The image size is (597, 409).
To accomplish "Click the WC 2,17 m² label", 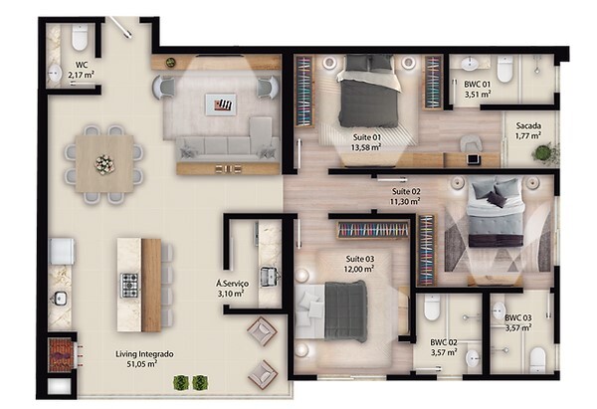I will pyautogui.click(x=81, y=70).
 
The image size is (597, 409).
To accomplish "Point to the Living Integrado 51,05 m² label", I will pyautogui.click(x=118, y=358).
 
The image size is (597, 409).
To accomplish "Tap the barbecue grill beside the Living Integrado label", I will pyautogui.click(x=59, y=352).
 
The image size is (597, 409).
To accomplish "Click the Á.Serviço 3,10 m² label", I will pyautogui.click(x=232, y=290).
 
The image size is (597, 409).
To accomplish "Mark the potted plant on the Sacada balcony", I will pyautogui.click(x=541, y=153).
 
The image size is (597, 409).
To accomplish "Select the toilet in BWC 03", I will pyautogui.click(x=537, y=356).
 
